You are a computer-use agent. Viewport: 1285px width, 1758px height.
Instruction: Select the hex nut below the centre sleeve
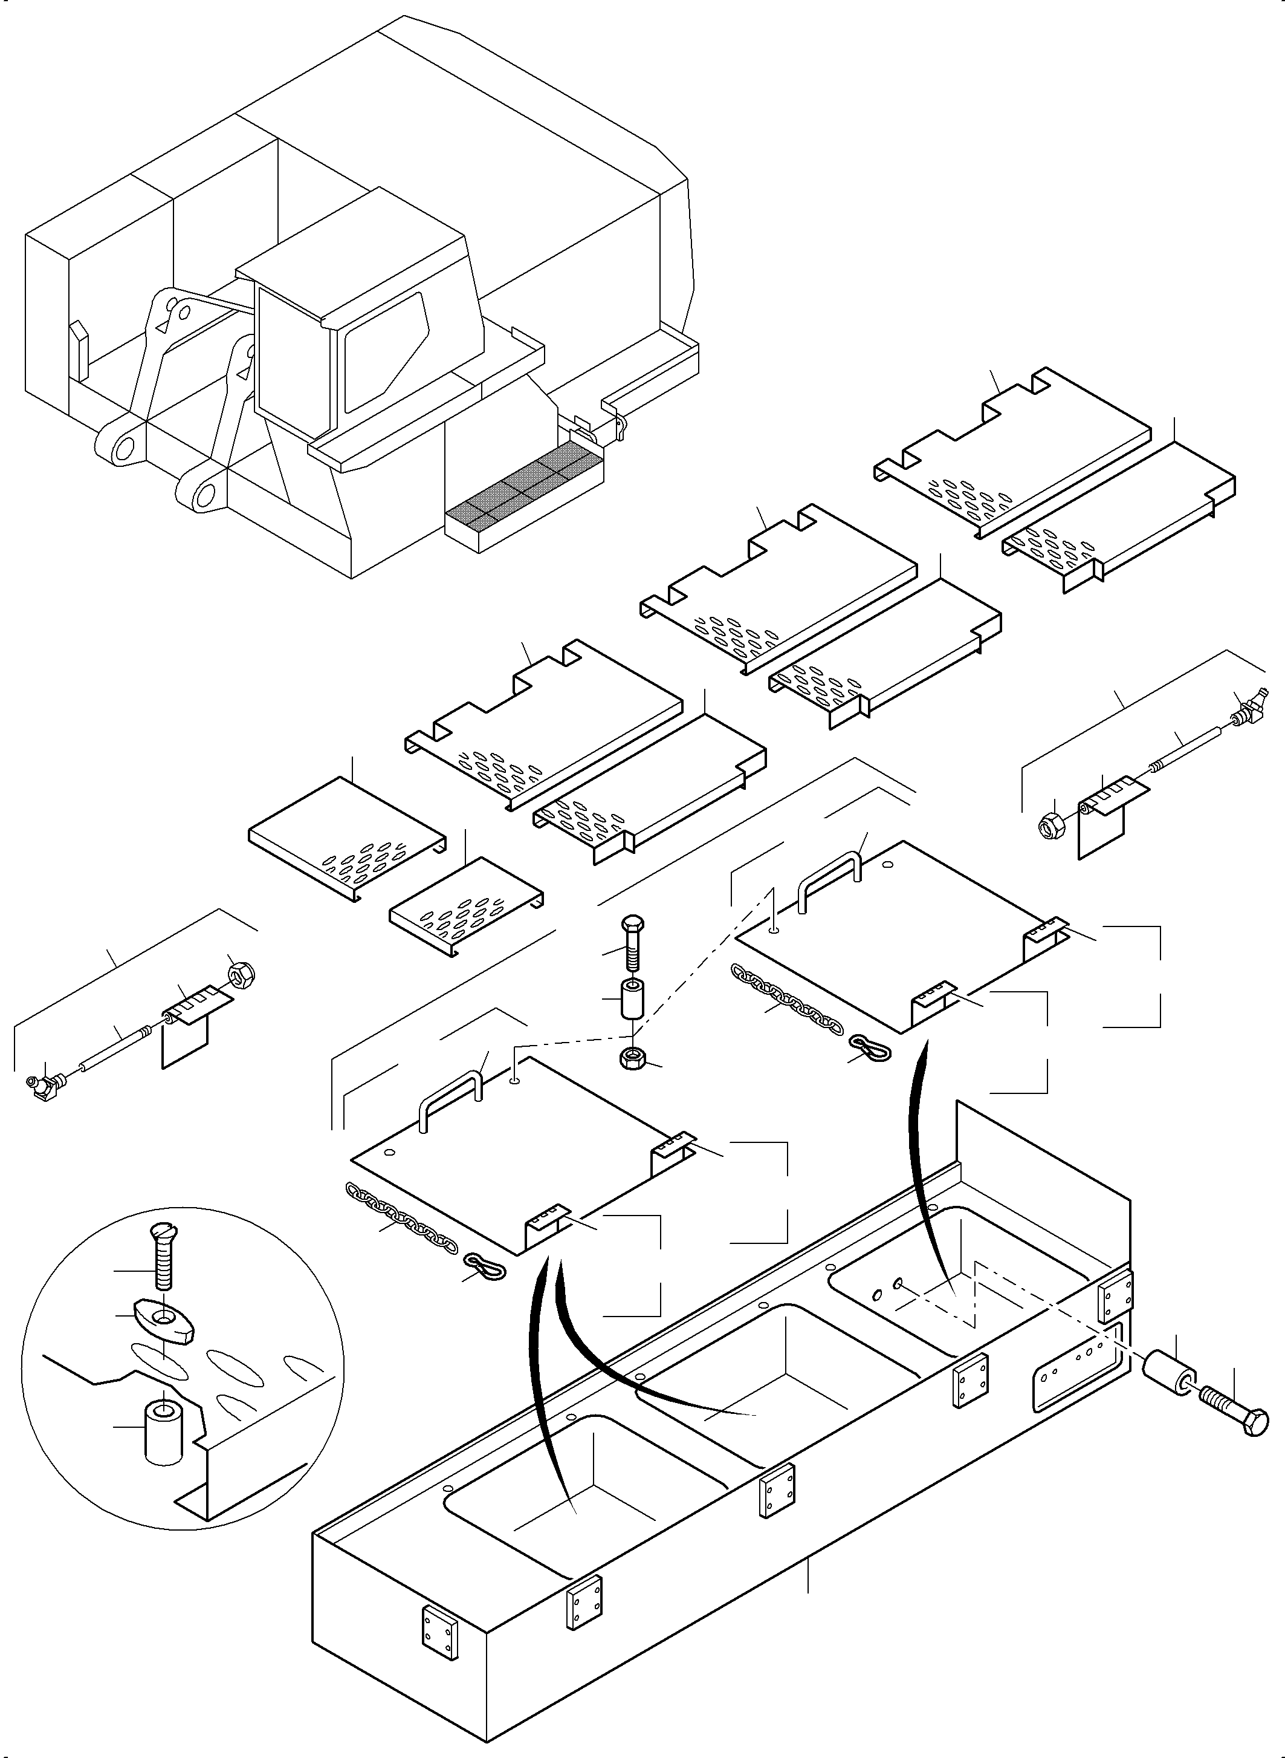[x=632, y=1059]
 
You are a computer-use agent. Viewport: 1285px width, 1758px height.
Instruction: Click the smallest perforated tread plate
[x=465, y=907]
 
